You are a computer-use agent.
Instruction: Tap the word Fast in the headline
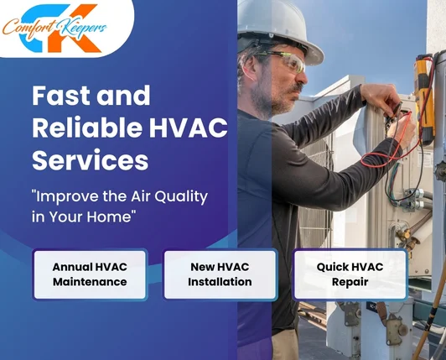point(63,96)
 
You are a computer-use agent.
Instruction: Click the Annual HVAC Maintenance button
point(90,274)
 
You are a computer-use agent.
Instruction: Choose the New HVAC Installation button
point(220,274)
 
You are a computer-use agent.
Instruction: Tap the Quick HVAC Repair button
point(350,274)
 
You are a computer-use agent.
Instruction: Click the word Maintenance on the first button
point(90,282)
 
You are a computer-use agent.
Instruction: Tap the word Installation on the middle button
point(220,282)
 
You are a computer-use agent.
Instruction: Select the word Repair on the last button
point(350,282)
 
